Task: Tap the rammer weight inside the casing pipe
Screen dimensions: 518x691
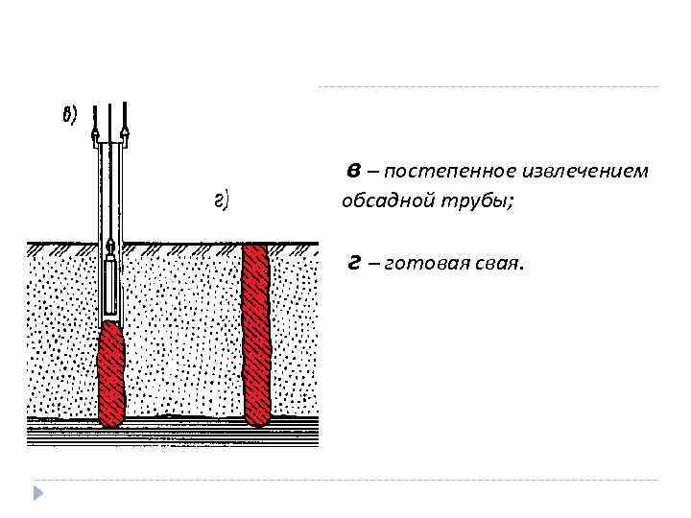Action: click(112, 284)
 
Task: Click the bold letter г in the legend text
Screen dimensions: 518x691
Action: click(354, 263)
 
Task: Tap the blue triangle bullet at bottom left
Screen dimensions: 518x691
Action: click(38, 494)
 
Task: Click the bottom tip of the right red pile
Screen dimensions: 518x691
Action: click(257, 422)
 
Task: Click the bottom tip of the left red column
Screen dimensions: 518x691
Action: click(112, 423)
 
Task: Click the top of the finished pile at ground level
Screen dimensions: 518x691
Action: click(256, 246)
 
